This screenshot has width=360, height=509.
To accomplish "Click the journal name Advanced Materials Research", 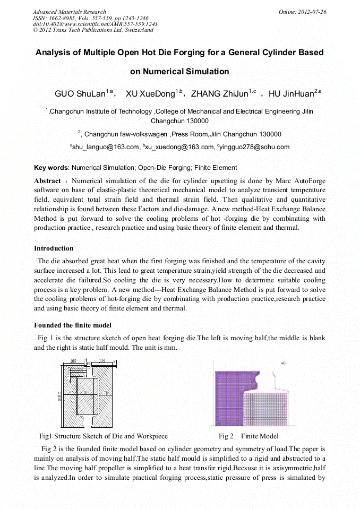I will [x=69, y=12].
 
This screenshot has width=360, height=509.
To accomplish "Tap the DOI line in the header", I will [x=95, y=24].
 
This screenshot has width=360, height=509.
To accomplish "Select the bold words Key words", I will [x=51, y=168].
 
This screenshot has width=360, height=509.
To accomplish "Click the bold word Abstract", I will [x=47, y=181].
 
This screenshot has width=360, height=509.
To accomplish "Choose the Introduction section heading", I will [x=54, y=248].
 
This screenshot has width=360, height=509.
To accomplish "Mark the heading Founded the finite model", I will [x=72, y=325].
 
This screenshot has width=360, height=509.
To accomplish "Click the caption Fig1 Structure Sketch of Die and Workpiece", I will [x=104, y=436].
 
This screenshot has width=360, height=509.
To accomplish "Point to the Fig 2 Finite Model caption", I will [x=248, y=436].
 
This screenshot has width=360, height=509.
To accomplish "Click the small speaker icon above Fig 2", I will [x=284, y=363].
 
